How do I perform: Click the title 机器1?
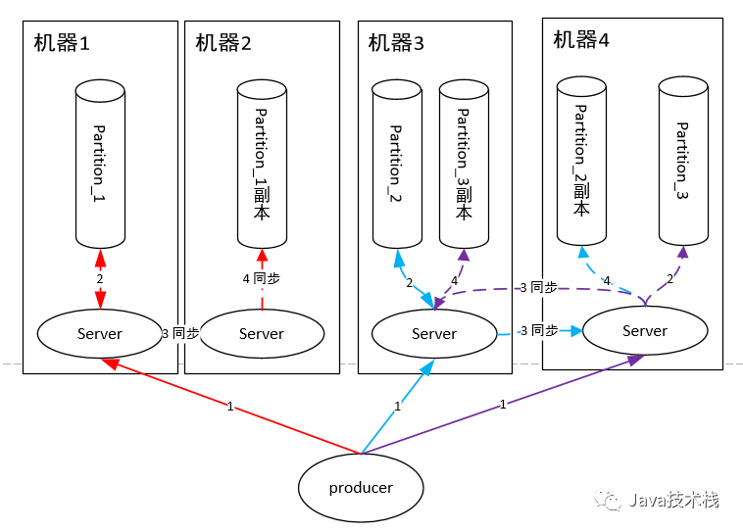point(62,43)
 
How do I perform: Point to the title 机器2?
point(223,43)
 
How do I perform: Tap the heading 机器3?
point(396,43)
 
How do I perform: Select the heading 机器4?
point(581,40)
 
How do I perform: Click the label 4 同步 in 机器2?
point(261,278)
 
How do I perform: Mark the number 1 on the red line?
point(230,407)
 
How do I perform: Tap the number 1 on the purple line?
point(503,405)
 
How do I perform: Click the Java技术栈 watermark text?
point(673,500)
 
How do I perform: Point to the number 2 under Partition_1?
point(100,279)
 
